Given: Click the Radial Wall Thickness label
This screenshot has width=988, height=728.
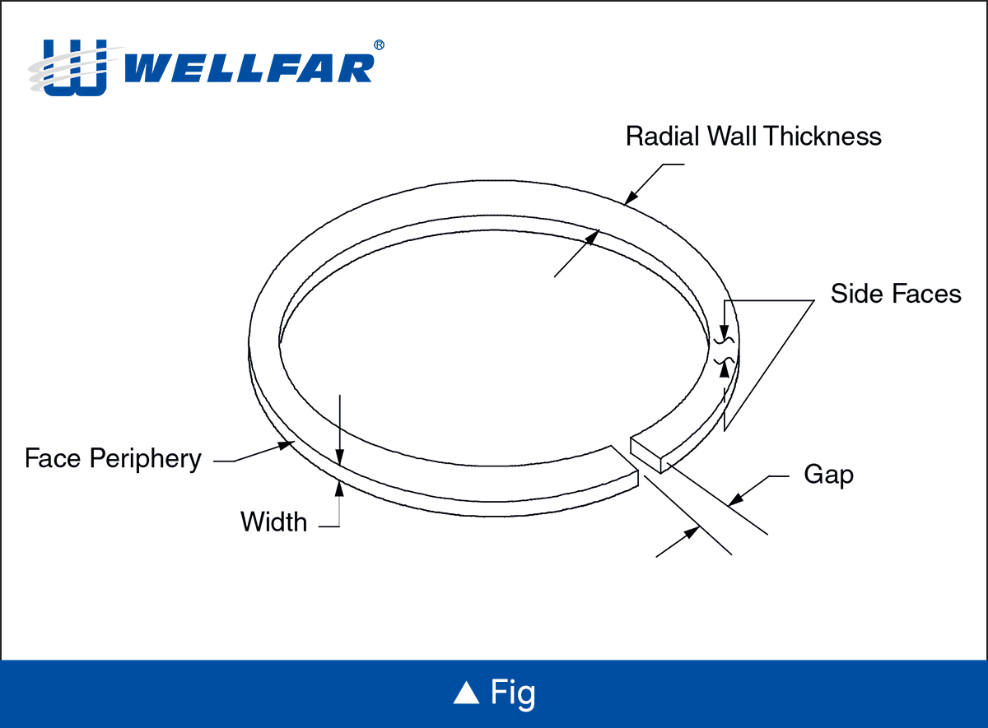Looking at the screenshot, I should pyautogui.click(x=753, y=136).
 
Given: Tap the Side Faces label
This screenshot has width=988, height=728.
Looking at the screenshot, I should pyautogui.click(x=896, y=294).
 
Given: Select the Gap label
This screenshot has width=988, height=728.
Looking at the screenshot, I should pyautogui.click(x=828, y=475).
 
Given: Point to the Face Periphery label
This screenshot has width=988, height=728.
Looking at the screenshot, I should pyautogui.click(x=113, y=458).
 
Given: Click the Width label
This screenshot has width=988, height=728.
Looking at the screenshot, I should pyautogui.click(x=273, y=522).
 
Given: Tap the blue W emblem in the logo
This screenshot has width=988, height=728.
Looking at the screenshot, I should pyautogui.click(x=75, y=67).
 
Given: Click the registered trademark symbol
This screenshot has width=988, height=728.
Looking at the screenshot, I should pyautogui.click(x=379, y=45).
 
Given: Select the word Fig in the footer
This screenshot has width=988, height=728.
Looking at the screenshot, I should pyautogui.click(x=513, y=693).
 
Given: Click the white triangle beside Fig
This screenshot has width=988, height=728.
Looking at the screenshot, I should pyautogui.click(x=466, y=693).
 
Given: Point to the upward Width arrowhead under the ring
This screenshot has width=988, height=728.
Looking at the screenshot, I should pyautogui.click(x=338, y=488).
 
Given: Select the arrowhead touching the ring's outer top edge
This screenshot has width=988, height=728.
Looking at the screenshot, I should pyautogui.click(x=631, y=197).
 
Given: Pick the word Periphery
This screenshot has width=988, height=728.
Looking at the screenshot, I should pyautogui.click(x=145, y=458).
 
